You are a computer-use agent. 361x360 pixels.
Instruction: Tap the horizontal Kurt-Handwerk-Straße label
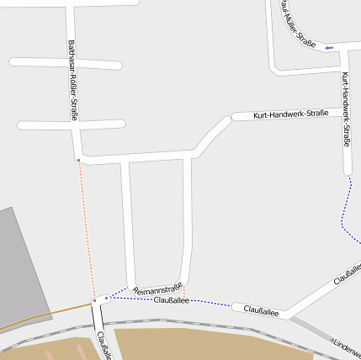(290, 113)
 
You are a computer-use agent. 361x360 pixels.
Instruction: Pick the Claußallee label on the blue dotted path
(171, 299)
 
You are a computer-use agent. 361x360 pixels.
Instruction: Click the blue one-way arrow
(328, 47)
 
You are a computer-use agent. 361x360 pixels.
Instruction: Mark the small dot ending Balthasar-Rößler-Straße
(77, 160)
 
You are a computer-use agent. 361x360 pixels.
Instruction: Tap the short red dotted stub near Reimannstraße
(183, 291)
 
